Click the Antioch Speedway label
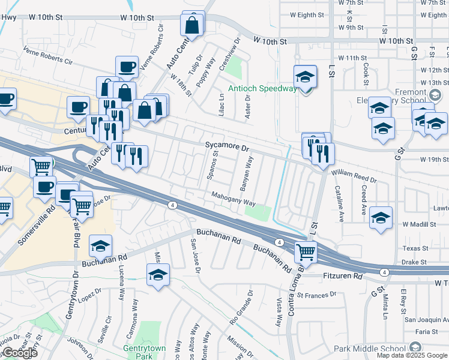[x=262, y=89]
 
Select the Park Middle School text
[x=370, y=348]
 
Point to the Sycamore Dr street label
[x=227, y=146]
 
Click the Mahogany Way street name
[x=233, y=199]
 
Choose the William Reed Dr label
[x=354, y=175]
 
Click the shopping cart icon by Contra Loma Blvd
[x=306, y=251]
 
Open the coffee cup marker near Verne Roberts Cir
[x=127, y=67]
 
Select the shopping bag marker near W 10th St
[x=192, y=26]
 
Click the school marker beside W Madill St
[x=381, y=218]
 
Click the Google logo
[x=20, y=352]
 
